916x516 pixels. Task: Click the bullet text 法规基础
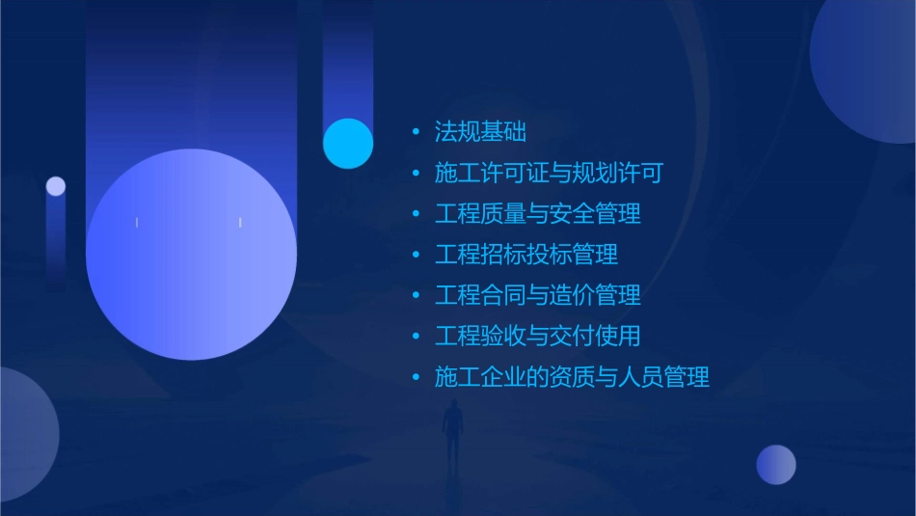click(x=480, y=132)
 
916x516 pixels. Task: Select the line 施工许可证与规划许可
click(x=549, y=174)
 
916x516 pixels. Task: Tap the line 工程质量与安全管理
click(x=537, y=214)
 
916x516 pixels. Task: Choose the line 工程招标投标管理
click(x=525, y=255)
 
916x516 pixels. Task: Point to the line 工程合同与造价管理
click(x=537, y=295)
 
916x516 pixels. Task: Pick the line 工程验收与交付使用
click(x=537, y=336)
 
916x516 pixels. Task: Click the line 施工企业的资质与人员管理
click(x=572, y=377)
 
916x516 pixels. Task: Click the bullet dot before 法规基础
click(x=416, y=132)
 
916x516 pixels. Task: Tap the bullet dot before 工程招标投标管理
click(x=416, y=255)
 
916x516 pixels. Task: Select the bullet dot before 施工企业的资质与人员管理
click(x=416, y=377)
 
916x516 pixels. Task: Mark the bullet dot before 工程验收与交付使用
click(x=416, y=336)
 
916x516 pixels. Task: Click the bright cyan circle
click(x=348, y=144)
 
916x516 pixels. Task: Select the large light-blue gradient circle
click(x=191, y=255)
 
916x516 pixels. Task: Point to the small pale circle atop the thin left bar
click(x=56, y=186)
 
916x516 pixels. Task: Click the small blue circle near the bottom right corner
click(x=776, y=465)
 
